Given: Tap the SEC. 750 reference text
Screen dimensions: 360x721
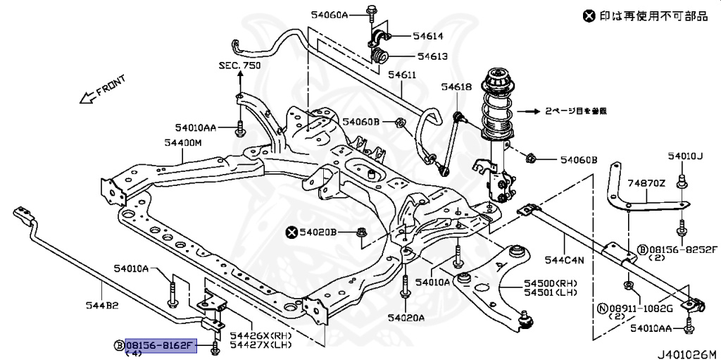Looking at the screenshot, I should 239,65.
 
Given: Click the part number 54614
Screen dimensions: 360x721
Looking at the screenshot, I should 427,35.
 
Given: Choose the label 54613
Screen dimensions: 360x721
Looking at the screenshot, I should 427,56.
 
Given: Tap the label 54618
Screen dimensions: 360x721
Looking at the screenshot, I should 456,87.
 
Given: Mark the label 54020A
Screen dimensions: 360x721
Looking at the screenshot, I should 406,318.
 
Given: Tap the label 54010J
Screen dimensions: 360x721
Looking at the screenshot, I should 682,156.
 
